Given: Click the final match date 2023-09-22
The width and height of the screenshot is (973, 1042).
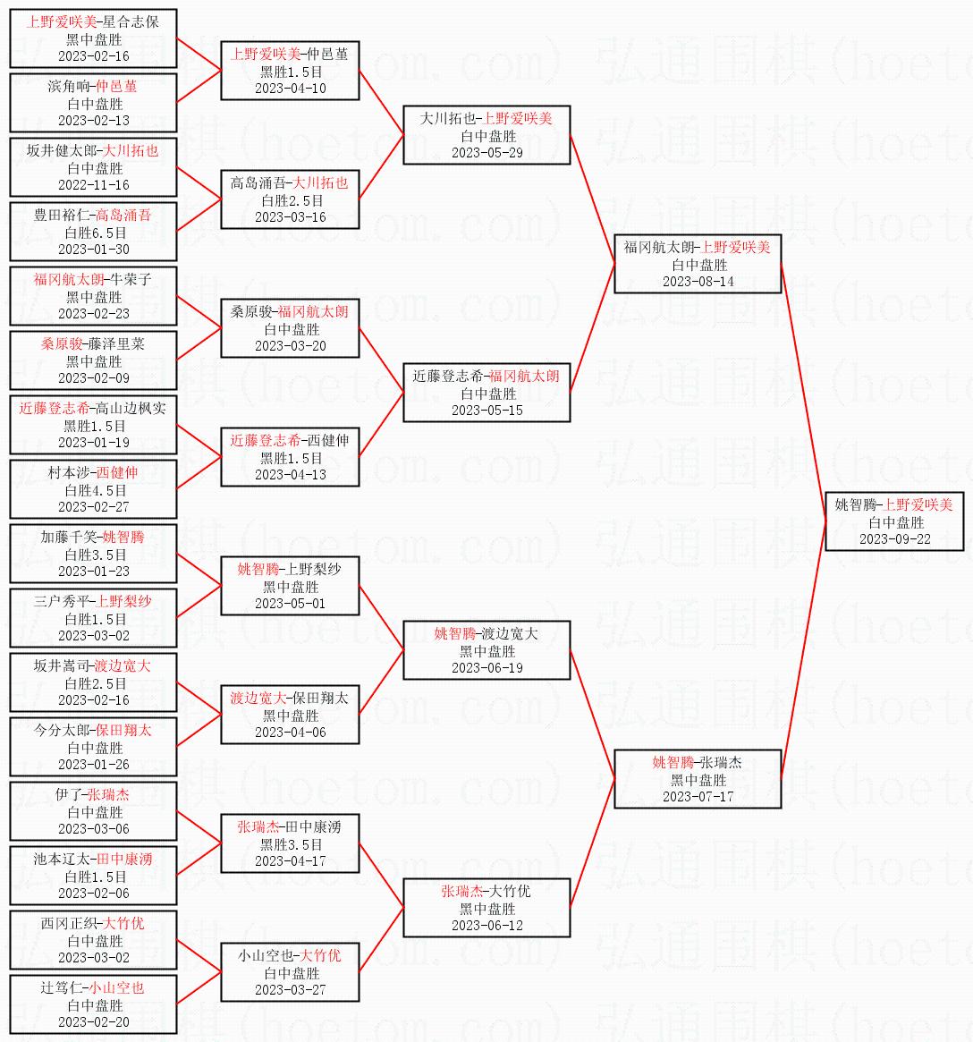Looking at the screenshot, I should click(x=894, y=539).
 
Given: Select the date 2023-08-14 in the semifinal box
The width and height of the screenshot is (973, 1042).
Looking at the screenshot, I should click(x=698, y=282).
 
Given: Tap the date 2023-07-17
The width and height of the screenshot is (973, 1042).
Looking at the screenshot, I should click(x=698, y=797).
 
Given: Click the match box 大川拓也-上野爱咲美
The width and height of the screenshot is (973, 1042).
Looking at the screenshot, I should click(x=486, y=135).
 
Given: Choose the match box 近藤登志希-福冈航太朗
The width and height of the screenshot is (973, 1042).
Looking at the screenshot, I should click(x=486, y=393).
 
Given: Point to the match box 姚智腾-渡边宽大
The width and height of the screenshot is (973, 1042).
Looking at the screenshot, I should click(x=486, y=650).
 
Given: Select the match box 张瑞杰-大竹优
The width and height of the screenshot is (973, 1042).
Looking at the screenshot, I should click(x=486, y=908).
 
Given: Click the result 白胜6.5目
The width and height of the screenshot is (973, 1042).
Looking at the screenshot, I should click(x=94, y=233).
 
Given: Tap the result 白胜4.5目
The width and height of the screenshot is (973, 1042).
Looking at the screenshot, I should click(x=94, y=490).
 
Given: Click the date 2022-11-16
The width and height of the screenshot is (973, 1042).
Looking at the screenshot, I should click(x=94, y=185).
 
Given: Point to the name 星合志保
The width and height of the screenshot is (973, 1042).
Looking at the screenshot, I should click(x=131, y=21).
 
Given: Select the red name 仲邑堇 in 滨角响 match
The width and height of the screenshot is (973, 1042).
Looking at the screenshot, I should click(x=116, y=86).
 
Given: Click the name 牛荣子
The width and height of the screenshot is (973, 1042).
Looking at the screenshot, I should click(x=131, y=279).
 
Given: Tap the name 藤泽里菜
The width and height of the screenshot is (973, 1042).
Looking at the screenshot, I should click(x=116, y=343).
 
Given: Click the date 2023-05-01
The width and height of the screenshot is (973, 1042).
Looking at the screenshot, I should click(x=291, y=604).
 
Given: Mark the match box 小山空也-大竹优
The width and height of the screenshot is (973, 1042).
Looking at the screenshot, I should click(x=291, y=972).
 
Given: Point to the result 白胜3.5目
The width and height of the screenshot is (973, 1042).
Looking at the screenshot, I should click(x=94, y=555).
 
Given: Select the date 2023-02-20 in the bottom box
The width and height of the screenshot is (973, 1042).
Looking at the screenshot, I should click(x=94, y=1022).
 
